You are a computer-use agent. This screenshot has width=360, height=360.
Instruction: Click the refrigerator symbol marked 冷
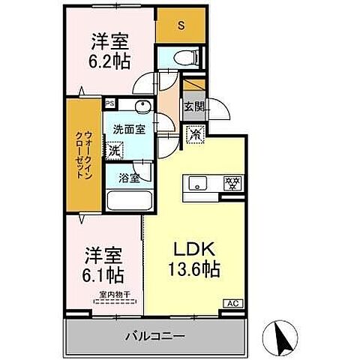pyautogui.click(x=194, y=134)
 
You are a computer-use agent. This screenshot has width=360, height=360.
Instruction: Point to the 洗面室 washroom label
pyautogui.click(x=124, y=128)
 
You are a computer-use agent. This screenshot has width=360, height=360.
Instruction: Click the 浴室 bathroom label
pyautogui.click(x=128, y=178)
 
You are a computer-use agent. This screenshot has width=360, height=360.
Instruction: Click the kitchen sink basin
pyautogui.click(x=200, y=183)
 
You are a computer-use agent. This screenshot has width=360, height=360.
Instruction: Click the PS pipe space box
pyautogui.click(x=109, y=104)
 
